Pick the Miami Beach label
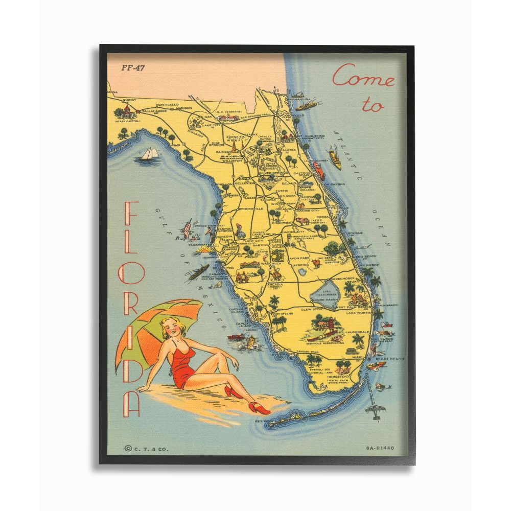coord(389,359)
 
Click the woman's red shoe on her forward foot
coord(261,408)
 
